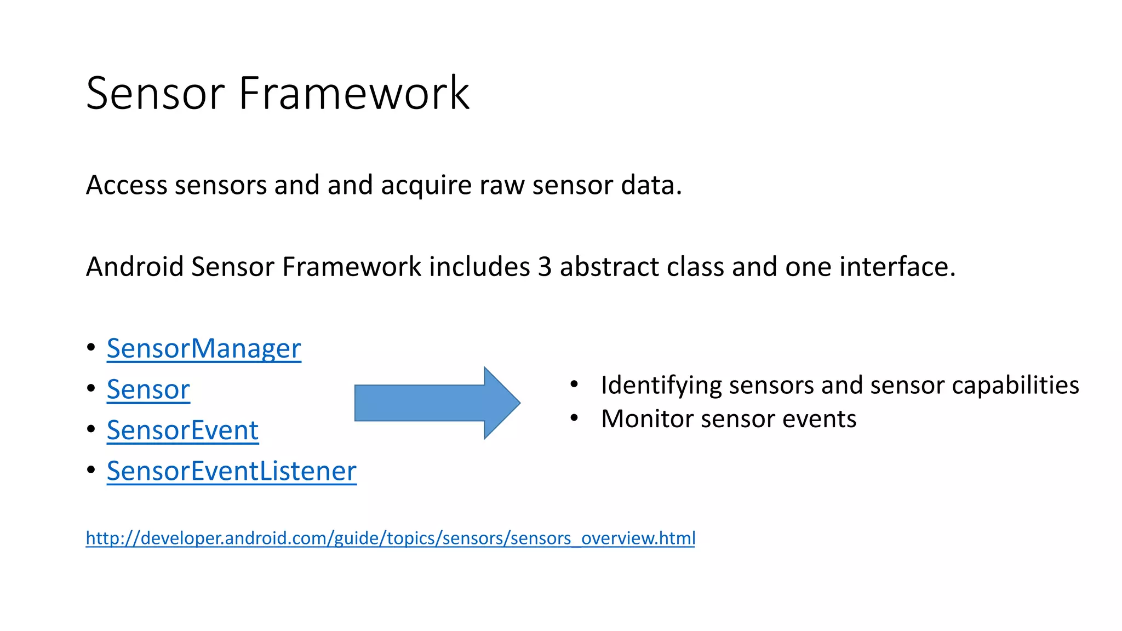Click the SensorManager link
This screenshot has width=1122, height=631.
click(x=204, y=348)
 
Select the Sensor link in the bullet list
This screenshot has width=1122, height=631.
click(x=148, y=389)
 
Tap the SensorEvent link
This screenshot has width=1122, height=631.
click(x=182, y=430)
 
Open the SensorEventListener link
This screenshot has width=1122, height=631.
click(x=231, y=471)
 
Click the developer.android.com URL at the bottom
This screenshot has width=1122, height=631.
click(x=390, y=538)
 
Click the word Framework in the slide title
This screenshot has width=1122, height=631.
click(x=354, y=93)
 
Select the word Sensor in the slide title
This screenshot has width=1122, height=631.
click(x=156, y=93)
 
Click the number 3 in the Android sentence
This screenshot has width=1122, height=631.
click(x=545, y=267)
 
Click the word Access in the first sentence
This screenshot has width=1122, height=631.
click(x=127, y=185)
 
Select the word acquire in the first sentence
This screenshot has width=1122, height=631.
click(x=426, y=186)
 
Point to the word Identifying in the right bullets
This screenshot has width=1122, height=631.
click(x=661, y=386)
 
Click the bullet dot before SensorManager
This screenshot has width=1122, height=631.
click(x=91, y=347)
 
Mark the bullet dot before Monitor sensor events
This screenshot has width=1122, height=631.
click(x=574, y=418)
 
